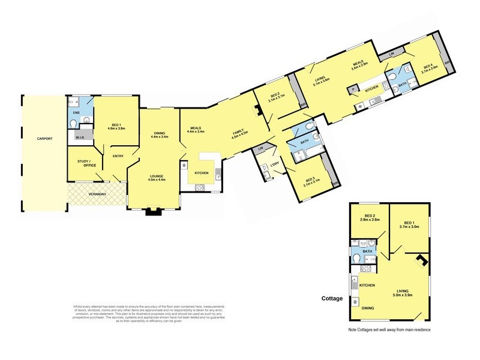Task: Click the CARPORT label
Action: (x=44, y=139)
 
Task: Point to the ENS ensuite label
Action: (x=76, y=112)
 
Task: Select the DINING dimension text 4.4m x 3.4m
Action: (x=159, y=137)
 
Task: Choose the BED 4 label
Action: (x=427, y=67)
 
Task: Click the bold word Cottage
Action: (x=332, y=298)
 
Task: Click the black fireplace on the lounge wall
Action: (x=154, y=211)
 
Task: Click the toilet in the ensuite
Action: (x=73, y=124)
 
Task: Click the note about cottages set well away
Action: (x=389, y=330)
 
